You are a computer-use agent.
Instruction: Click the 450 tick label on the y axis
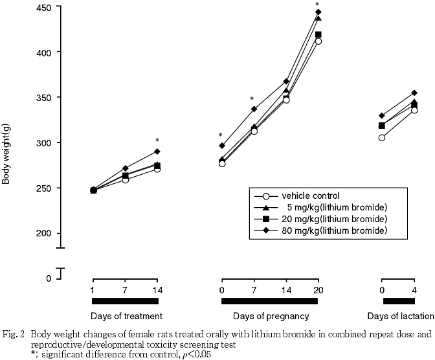point(48,7)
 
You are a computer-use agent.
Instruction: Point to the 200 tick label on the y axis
point(48,233)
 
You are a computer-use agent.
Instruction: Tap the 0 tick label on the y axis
point(48,278)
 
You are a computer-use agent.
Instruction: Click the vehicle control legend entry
point(310,196)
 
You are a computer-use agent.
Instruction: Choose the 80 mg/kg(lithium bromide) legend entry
point(333,231)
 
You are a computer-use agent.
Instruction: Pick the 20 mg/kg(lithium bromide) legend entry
point(333,219)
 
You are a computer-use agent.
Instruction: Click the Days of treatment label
point(126,316)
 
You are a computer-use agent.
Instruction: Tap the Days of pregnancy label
point(271,316)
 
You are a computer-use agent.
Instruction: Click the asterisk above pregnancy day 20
point(317,5)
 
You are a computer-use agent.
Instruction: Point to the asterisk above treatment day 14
point(157,141)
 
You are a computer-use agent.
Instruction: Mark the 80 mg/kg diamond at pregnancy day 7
point(254,109)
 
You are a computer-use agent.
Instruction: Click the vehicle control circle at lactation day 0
point(382,138)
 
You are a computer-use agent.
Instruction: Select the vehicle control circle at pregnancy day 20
point(318,41)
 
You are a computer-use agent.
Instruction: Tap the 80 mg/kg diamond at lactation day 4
point(414,93)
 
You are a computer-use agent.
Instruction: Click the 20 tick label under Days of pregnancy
point(317,289)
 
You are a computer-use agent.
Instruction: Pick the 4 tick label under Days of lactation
point(414,289)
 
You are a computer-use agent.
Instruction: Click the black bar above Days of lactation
point(398,301)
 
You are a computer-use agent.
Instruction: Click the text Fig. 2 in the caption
point(13,335)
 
